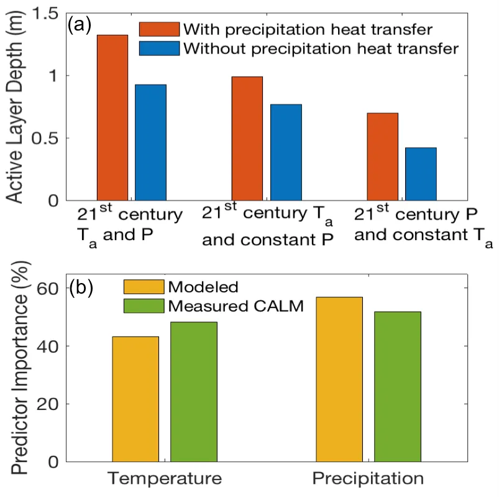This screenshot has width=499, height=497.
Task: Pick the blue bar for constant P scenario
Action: click(x=286, y=152)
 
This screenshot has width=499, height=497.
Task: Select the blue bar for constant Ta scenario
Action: click(x=421, y=174)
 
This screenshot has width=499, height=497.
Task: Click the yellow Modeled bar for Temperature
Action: click(x=135, y=399)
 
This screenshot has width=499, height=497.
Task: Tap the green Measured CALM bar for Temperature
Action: click(x=194, y=392)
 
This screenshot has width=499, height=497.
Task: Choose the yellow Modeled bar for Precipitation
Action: click(x=339, y=379)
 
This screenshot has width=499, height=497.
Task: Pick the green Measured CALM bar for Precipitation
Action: click(x=398, y=386)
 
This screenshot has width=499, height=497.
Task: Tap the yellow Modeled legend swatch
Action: click(x=143, y=287)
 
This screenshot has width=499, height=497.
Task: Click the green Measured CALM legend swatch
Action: click(x=143, y=305)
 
